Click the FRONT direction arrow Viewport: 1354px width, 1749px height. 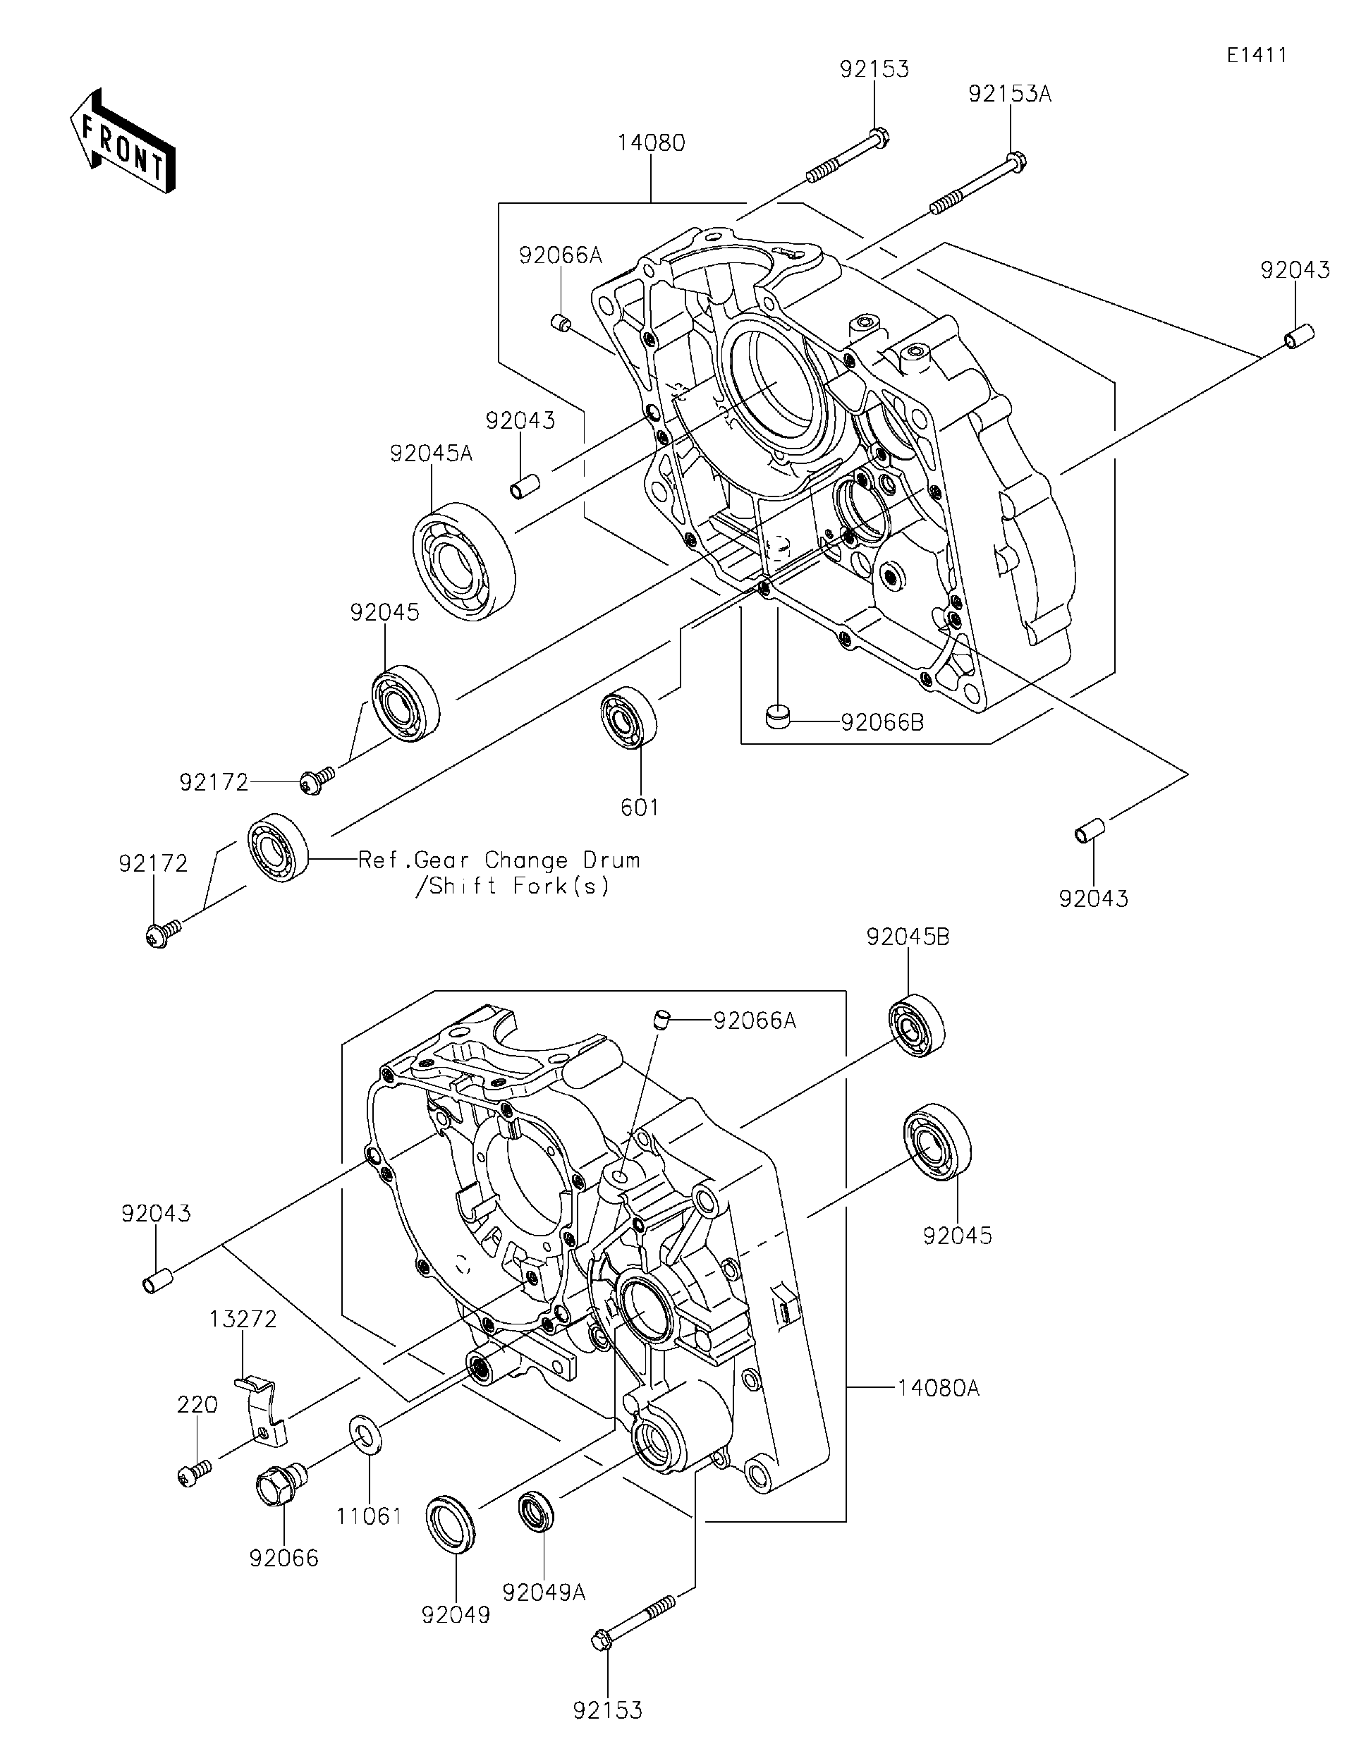point(123,141)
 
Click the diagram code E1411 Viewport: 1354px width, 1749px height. point(1257,55)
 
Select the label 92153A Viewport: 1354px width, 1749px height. point(1010,95)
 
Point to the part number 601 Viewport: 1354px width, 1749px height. point(640,808)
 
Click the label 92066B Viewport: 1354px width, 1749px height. point(882,722)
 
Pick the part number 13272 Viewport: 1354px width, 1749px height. point(243,1319)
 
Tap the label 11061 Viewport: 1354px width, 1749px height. point(369,1516)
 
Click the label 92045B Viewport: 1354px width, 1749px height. point(908,937)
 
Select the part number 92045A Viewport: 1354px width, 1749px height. point(432,454)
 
